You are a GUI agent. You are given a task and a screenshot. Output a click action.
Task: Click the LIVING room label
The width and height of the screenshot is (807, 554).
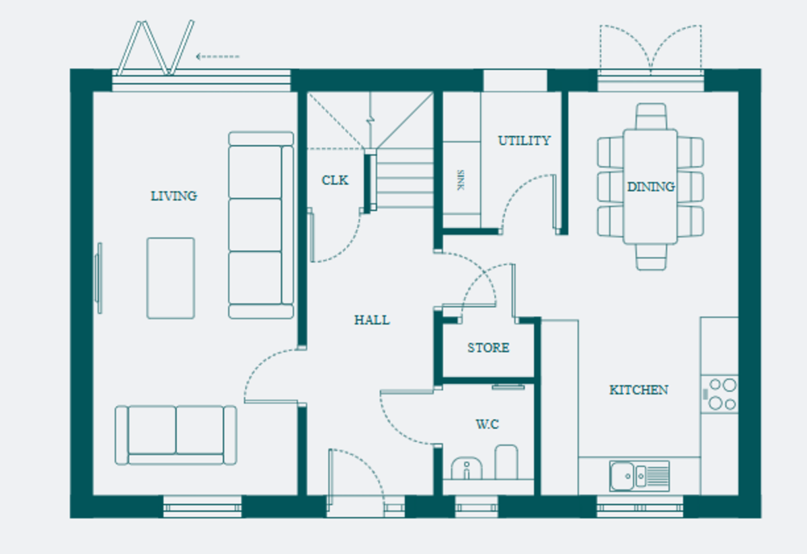(174, 196)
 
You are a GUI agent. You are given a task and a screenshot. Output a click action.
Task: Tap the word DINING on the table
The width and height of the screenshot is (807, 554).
(651, 187)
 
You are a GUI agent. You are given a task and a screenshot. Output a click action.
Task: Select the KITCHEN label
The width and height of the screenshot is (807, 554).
(639, 390)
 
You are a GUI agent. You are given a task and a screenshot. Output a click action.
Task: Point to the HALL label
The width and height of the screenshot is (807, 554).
(372, 320)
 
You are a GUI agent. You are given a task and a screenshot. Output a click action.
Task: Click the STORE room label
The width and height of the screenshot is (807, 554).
(488, 348)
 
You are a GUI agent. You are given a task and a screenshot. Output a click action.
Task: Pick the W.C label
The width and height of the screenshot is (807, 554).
(488, 424)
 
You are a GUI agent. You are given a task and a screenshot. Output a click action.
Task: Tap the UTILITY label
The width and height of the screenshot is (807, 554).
(524, 141)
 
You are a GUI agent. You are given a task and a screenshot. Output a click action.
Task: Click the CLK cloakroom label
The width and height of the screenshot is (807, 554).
(335, 180)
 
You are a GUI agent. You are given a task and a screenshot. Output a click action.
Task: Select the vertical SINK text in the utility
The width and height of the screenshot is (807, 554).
(461, 180)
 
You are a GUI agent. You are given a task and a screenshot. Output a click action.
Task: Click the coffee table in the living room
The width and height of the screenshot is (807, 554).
(171, 278)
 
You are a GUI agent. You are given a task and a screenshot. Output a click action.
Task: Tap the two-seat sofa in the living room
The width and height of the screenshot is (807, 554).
(176, 435)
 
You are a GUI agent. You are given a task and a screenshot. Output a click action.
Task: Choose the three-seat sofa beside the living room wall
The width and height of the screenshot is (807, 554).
(261, 225)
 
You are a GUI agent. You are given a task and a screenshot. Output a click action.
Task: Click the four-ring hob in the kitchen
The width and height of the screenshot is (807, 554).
(720, 395)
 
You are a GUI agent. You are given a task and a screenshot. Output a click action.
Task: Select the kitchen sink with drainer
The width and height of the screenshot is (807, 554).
(640, 476)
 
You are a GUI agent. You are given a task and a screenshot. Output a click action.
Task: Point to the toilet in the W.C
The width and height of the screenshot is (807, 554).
(506, 462)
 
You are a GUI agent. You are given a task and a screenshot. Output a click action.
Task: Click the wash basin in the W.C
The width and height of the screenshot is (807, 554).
(467, 468)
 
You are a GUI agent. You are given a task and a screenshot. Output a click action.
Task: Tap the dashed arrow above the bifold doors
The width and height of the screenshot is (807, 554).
(218, 56)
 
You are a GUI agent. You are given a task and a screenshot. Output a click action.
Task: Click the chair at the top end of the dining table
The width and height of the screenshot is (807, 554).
(651, 116)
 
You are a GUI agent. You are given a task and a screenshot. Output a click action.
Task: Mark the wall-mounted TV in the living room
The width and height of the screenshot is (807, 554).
(98, 278)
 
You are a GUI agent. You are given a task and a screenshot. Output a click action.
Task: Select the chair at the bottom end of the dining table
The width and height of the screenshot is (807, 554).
(651, 258)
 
